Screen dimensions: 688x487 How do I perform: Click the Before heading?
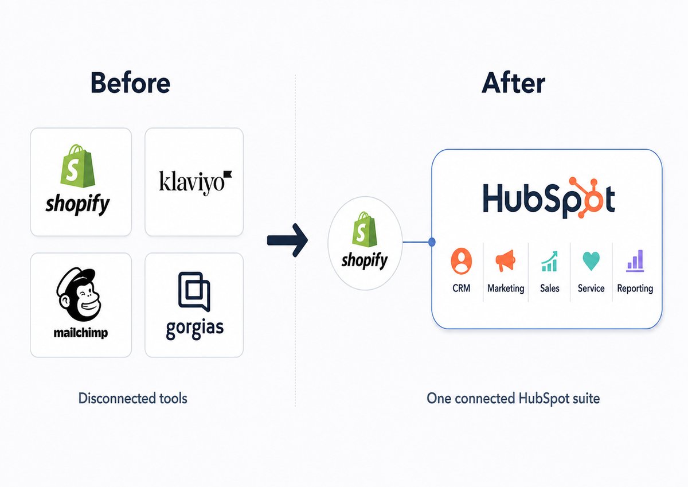pos(130,83)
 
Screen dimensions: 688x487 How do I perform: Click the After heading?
pos(513,83)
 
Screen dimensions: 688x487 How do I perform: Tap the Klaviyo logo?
pos(196,182)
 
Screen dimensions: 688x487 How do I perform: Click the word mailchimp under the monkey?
pos(81,333)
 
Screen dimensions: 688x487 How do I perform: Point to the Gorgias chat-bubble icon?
pos(194,291)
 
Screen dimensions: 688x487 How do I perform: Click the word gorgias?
pos(195,329)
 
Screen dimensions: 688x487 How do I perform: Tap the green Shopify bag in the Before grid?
pos(77,166)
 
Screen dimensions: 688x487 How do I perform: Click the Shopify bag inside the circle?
pos(364,229)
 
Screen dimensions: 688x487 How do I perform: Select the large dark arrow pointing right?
pos(287,240)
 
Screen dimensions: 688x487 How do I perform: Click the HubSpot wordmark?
pos(549,197)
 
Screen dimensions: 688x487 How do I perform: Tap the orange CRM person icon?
pos(462,261)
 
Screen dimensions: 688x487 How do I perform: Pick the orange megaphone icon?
pos(505,260)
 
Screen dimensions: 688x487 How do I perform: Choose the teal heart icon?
pos(591,261)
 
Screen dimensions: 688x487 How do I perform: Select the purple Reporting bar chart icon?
pos(635,261)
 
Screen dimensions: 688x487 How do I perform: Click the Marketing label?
pos(506,288)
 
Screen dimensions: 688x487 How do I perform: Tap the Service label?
pos(591,288)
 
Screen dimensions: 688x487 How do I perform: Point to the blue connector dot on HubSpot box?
pos(432,242)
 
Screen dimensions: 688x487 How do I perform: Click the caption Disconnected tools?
pos(132,398)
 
